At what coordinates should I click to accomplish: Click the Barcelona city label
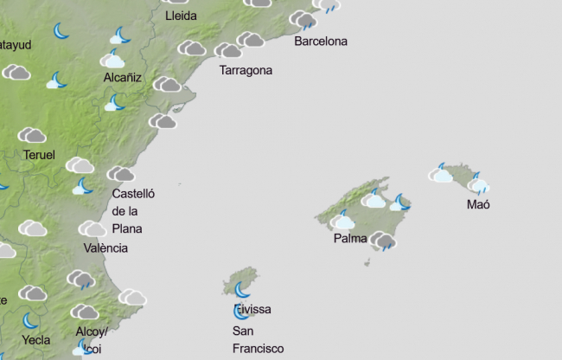point(321,41)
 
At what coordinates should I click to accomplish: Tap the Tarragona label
point(246,70)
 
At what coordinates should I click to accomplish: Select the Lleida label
point(180,16)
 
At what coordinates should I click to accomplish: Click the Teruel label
point(40,155)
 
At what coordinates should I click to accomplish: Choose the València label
point(105,247)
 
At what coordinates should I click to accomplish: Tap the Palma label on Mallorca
point(350,238)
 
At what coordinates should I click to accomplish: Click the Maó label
point(478,205)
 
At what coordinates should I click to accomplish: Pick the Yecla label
point(35,340)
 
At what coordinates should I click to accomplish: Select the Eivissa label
point(252,309)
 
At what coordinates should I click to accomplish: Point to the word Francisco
point(258,348)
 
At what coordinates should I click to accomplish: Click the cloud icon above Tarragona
point(228,50)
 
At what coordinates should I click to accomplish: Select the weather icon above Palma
point(343,220)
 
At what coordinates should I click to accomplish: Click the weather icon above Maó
point(477,183)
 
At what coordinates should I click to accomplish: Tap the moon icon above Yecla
point(32,320)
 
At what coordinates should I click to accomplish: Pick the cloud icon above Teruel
point(32,135)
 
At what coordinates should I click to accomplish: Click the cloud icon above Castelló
point(120,174)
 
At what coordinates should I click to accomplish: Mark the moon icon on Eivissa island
point(242,288)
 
